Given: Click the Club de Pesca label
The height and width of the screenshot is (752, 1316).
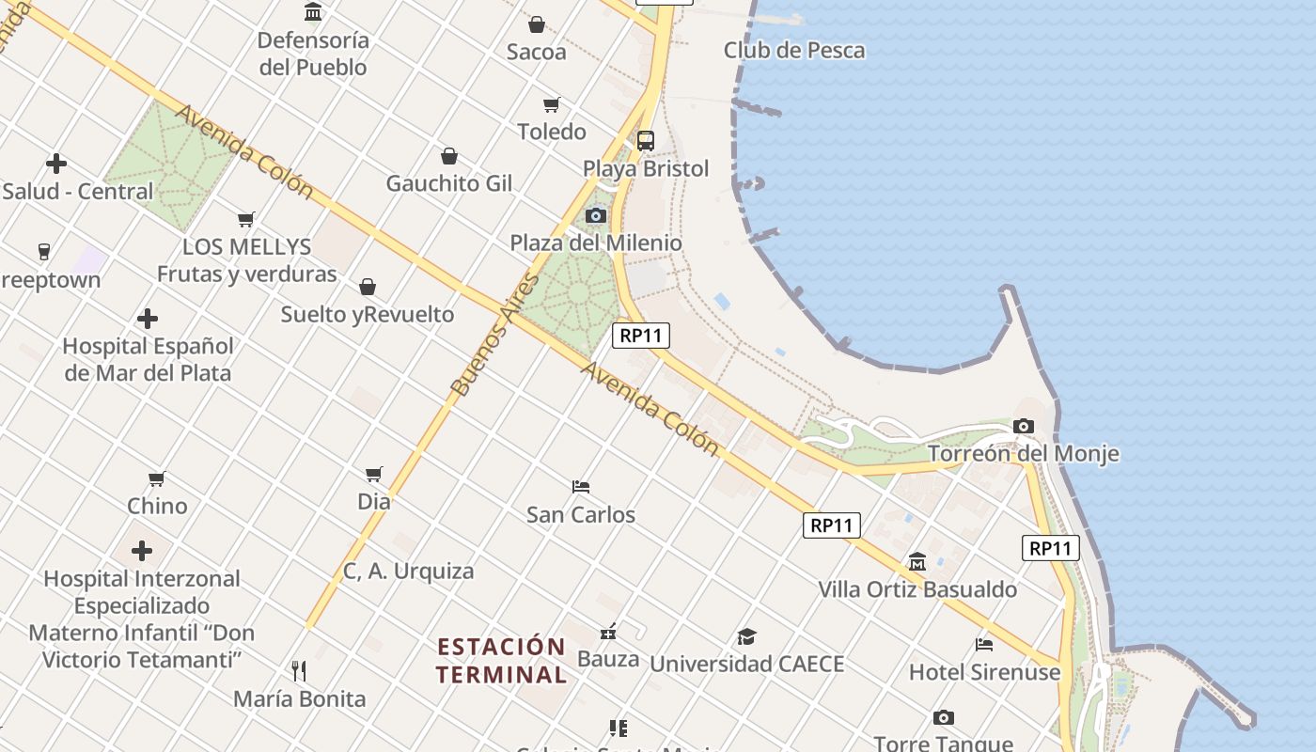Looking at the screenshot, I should [793, 51].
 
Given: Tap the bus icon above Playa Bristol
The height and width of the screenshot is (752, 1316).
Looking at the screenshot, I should [645, 141].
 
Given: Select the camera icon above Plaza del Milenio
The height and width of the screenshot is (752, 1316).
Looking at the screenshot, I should [595, 216].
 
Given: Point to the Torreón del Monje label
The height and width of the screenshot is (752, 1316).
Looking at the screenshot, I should [1023, 454].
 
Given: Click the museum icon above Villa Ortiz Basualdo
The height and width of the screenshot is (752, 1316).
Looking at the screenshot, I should [917, 562].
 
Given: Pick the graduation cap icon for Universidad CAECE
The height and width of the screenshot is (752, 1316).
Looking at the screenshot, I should [746, 636].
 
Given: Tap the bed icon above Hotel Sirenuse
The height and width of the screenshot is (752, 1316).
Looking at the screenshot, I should [984, 645].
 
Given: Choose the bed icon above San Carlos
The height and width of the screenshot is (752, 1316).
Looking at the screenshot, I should [581, 487].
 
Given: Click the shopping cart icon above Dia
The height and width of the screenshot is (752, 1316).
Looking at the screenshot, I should [374, 474].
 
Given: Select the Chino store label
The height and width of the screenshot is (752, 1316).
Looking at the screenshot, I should [157, 506].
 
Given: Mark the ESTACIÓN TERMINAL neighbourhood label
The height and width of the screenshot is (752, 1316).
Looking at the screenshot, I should [502, 661].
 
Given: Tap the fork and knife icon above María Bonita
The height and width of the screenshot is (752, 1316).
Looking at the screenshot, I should [299, 670].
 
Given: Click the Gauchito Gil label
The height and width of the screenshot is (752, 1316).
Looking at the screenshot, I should [449, 183].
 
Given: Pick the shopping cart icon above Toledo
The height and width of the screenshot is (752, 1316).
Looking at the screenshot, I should [552, 104].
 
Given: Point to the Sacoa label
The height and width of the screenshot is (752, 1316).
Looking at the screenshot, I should [536, 52].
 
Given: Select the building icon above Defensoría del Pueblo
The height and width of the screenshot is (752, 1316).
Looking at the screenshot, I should [313, 12].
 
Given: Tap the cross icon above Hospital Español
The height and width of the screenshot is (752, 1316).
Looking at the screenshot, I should [148, 319].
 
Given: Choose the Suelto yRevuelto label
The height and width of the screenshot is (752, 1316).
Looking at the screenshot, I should [367, 315].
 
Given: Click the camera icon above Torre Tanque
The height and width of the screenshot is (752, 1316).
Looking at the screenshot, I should [944, 718].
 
